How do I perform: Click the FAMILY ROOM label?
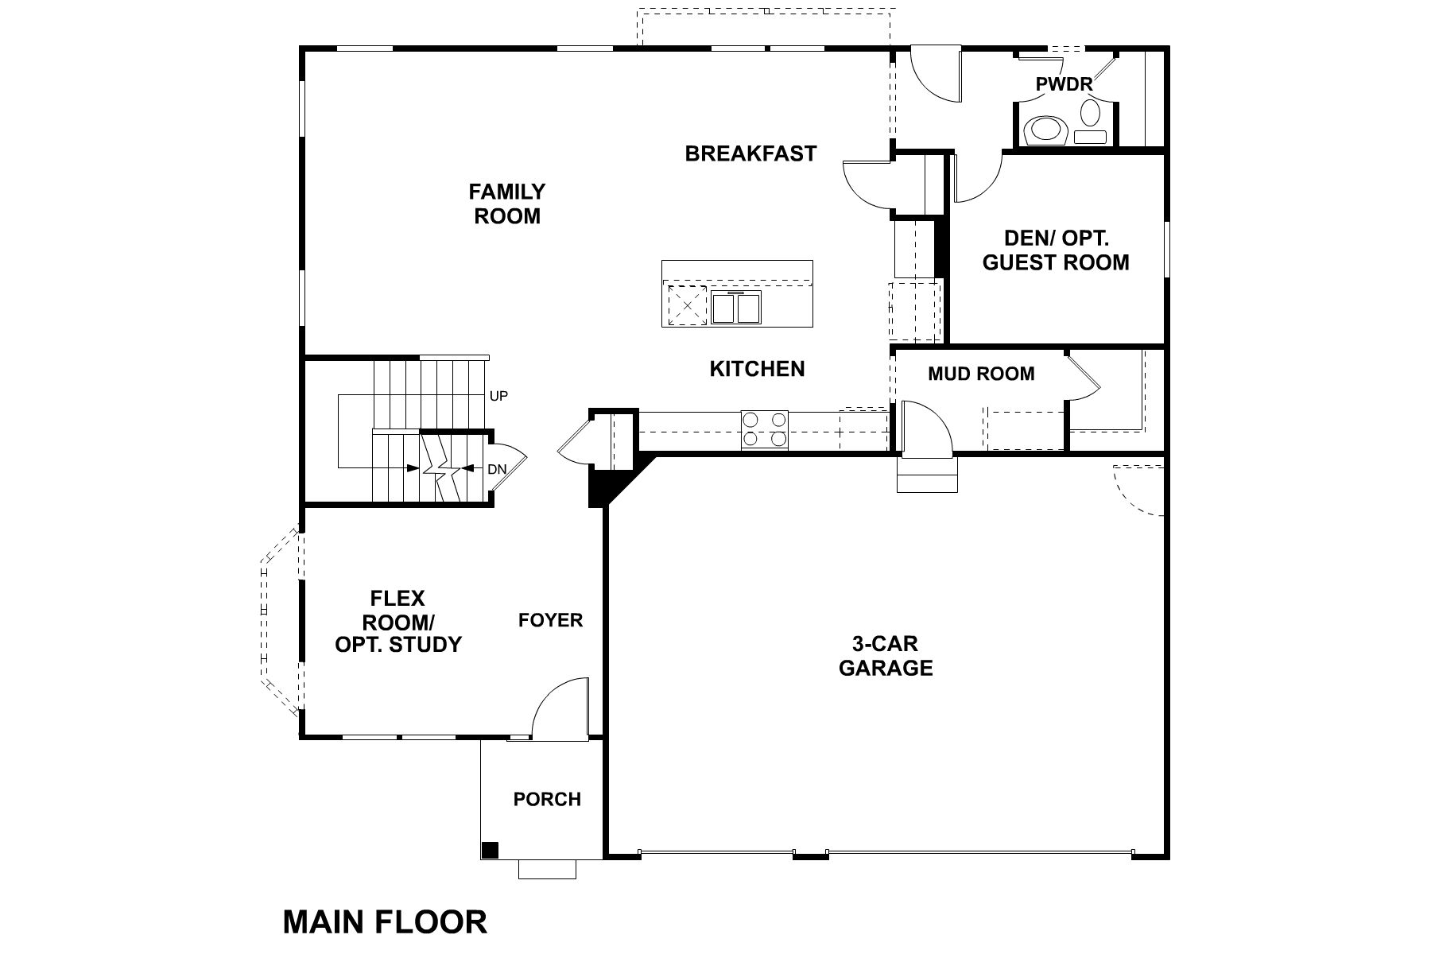pyautogui.click(x=507, y=204)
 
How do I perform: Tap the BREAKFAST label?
pyautogui.click(x=750, y=153)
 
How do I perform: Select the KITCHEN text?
pyautogui.click(x=757, y=369)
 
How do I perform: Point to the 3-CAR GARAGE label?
pyautogui.click(x=886, y=656)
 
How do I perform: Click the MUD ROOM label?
pyautogui.click(x=981, y=374)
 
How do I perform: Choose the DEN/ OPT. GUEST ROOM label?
pyautogui.click(x=1056, y=250)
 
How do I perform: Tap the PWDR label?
pyautogui.click(x=1063, y=84)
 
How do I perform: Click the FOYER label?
pyautogui.click(x=550, y=620)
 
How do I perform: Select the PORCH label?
pyautogui.click(x=547, y=799)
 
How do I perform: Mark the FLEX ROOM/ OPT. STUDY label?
pyautogui.click(x=397, y=621)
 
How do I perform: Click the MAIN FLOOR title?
pyautogui.click(x=385, y=922)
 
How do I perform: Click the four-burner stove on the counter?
pyautogui.click(x=764, y=430)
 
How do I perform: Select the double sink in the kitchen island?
pyautogui.click(x=736, y=307)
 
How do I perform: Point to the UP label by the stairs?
pyautogui.click(x=498, y=396)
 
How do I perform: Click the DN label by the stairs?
pyautogui.click(x=497, y=470)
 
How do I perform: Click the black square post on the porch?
pyautogui.click(x=491, y=850)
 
